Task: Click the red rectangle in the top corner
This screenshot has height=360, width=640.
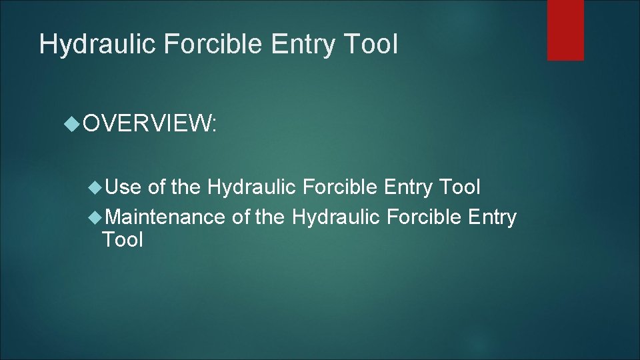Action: click(x=565, y=30)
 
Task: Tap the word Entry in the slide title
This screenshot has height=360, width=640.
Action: click(x=303, y=45)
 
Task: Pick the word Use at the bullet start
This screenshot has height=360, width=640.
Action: click(x=123, y=187)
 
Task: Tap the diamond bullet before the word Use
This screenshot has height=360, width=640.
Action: click(x=97, y=187)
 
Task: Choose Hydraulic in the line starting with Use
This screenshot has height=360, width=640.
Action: click(x=252, y=187)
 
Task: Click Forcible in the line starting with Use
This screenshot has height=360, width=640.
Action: click(x=341, y=187)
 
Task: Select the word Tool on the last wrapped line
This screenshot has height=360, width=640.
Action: click(x=123, y=240)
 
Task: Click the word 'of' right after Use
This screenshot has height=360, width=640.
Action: click(x=157, y=187)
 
